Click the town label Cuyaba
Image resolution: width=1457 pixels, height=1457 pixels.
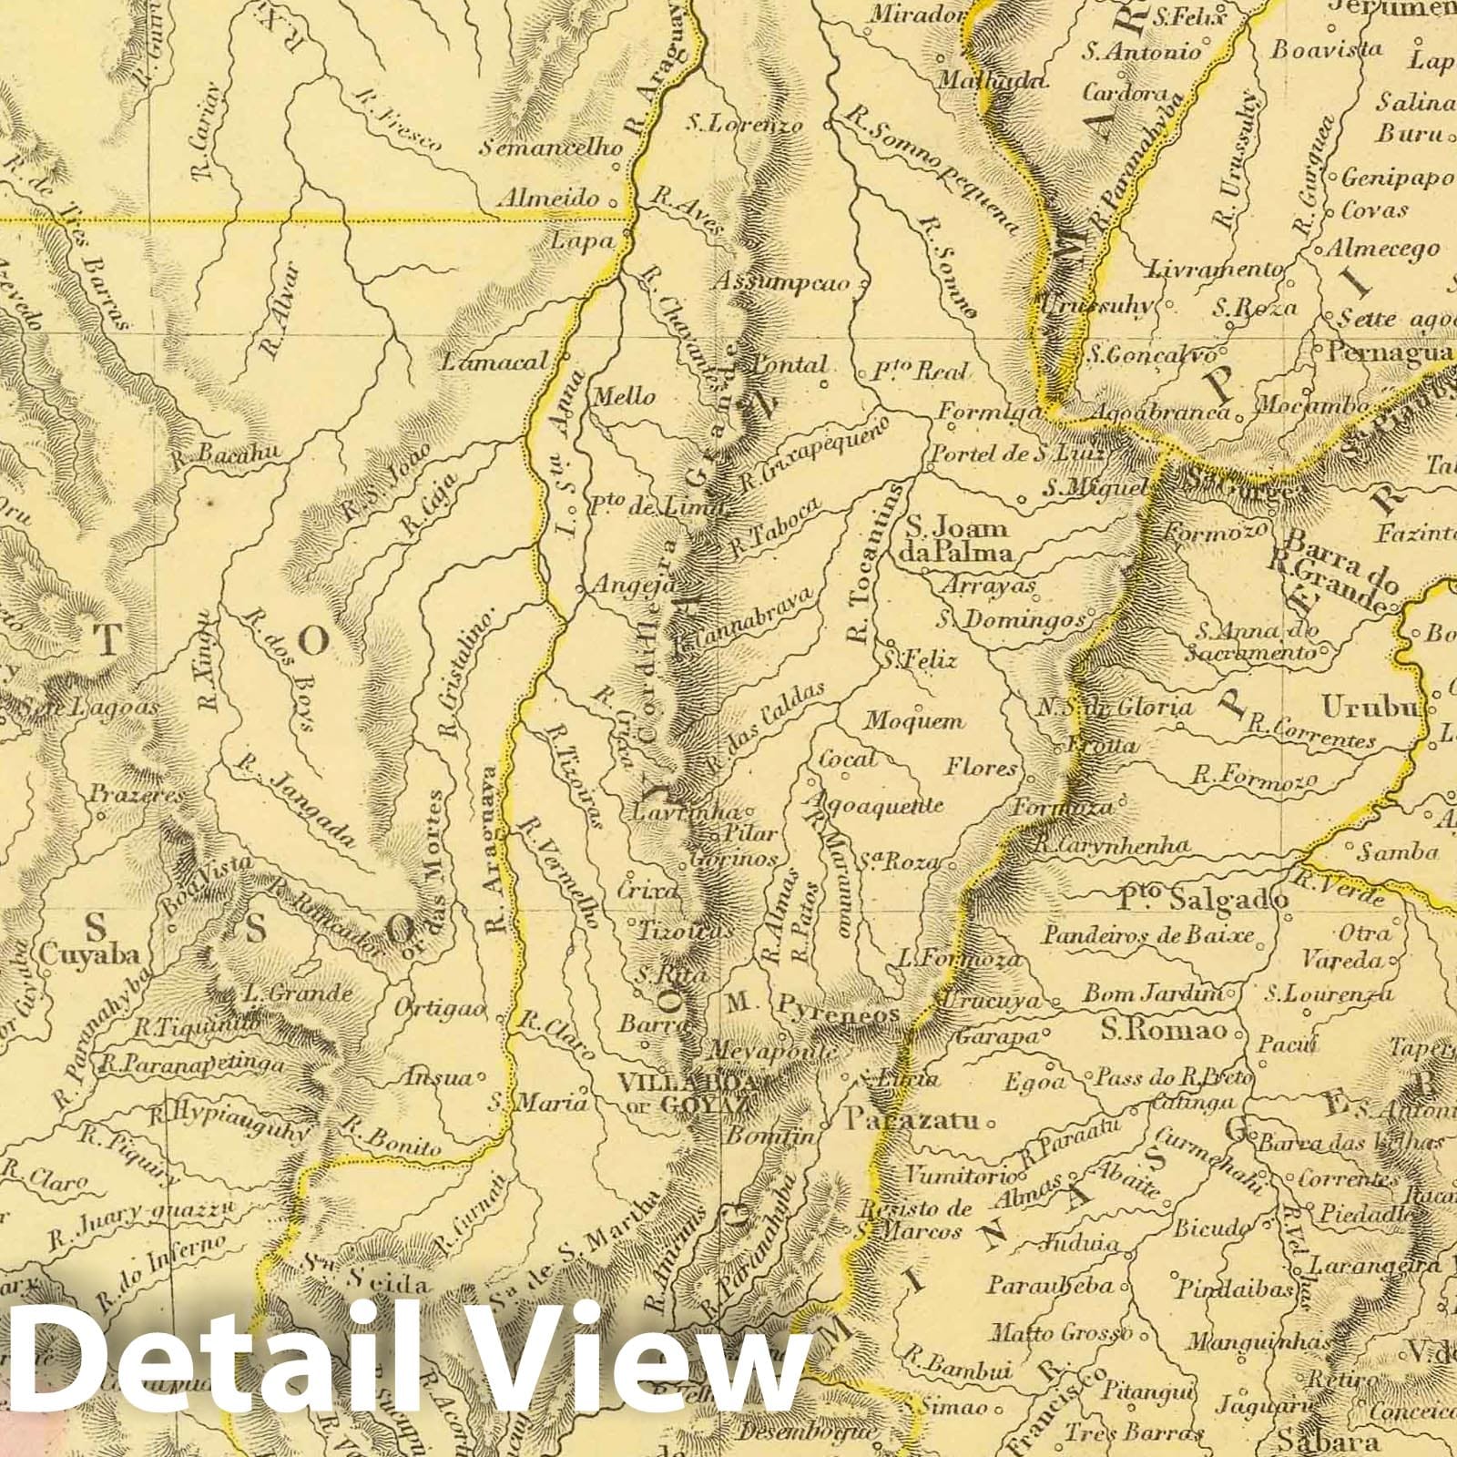88,954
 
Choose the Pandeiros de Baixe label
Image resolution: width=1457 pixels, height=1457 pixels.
1149,934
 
